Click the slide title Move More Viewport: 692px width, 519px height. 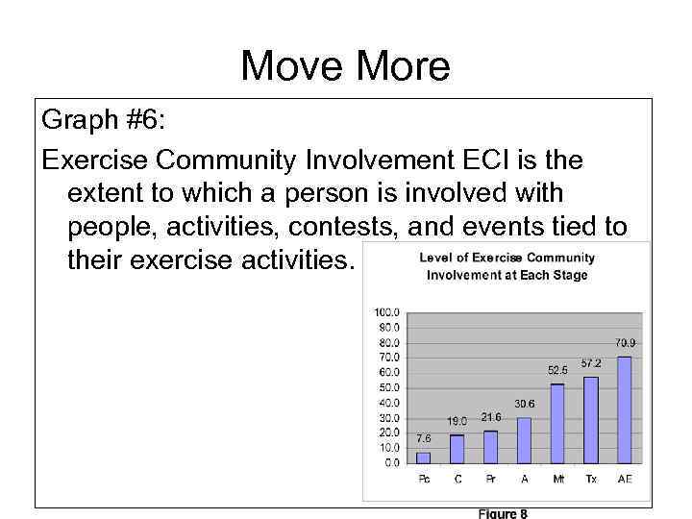345,66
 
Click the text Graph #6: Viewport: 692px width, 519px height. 102,122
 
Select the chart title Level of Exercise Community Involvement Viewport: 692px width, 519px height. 507,266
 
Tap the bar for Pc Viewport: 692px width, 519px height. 424,457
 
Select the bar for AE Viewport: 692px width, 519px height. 624,410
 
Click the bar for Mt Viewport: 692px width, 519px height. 557,424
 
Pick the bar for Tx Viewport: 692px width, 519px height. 590,420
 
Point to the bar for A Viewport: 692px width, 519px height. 524,440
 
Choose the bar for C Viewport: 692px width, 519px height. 457,449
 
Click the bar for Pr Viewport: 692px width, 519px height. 490,447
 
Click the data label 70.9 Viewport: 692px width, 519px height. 625,342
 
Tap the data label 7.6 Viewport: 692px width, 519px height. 424,438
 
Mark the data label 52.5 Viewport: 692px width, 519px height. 557,369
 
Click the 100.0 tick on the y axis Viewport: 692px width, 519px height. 387,312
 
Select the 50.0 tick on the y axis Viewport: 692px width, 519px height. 389,387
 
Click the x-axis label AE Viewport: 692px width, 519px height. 625,480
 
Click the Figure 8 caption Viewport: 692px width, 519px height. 502,513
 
